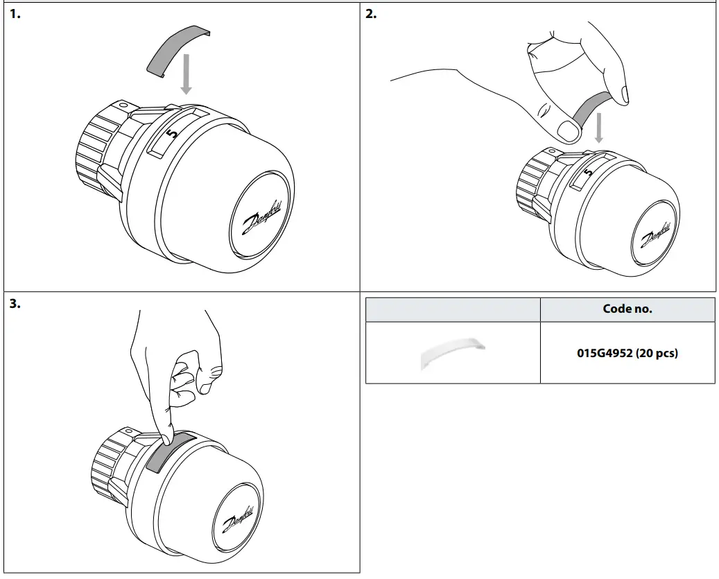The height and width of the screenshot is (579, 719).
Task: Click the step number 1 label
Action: point(15,14)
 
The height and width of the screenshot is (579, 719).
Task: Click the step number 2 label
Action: point(371,14)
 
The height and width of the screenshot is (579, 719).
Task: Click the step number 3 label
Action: point(15,303)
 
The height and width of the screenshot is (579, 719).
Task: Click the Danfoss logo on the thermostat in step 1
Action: point(262,217)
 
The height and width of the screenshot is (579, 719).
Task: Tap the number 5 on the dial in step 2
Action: point(588,171)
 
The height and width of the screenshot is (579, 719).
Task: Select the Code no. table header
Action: point(627,309)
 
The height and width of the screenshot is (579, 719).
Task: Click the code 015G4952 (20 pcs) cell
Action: point(627,353)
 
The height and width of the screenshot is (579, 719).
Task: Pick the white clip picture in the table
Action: point(452,354)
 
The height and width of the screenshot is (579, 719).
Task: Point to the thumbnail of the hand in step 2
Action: point(567,129)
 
